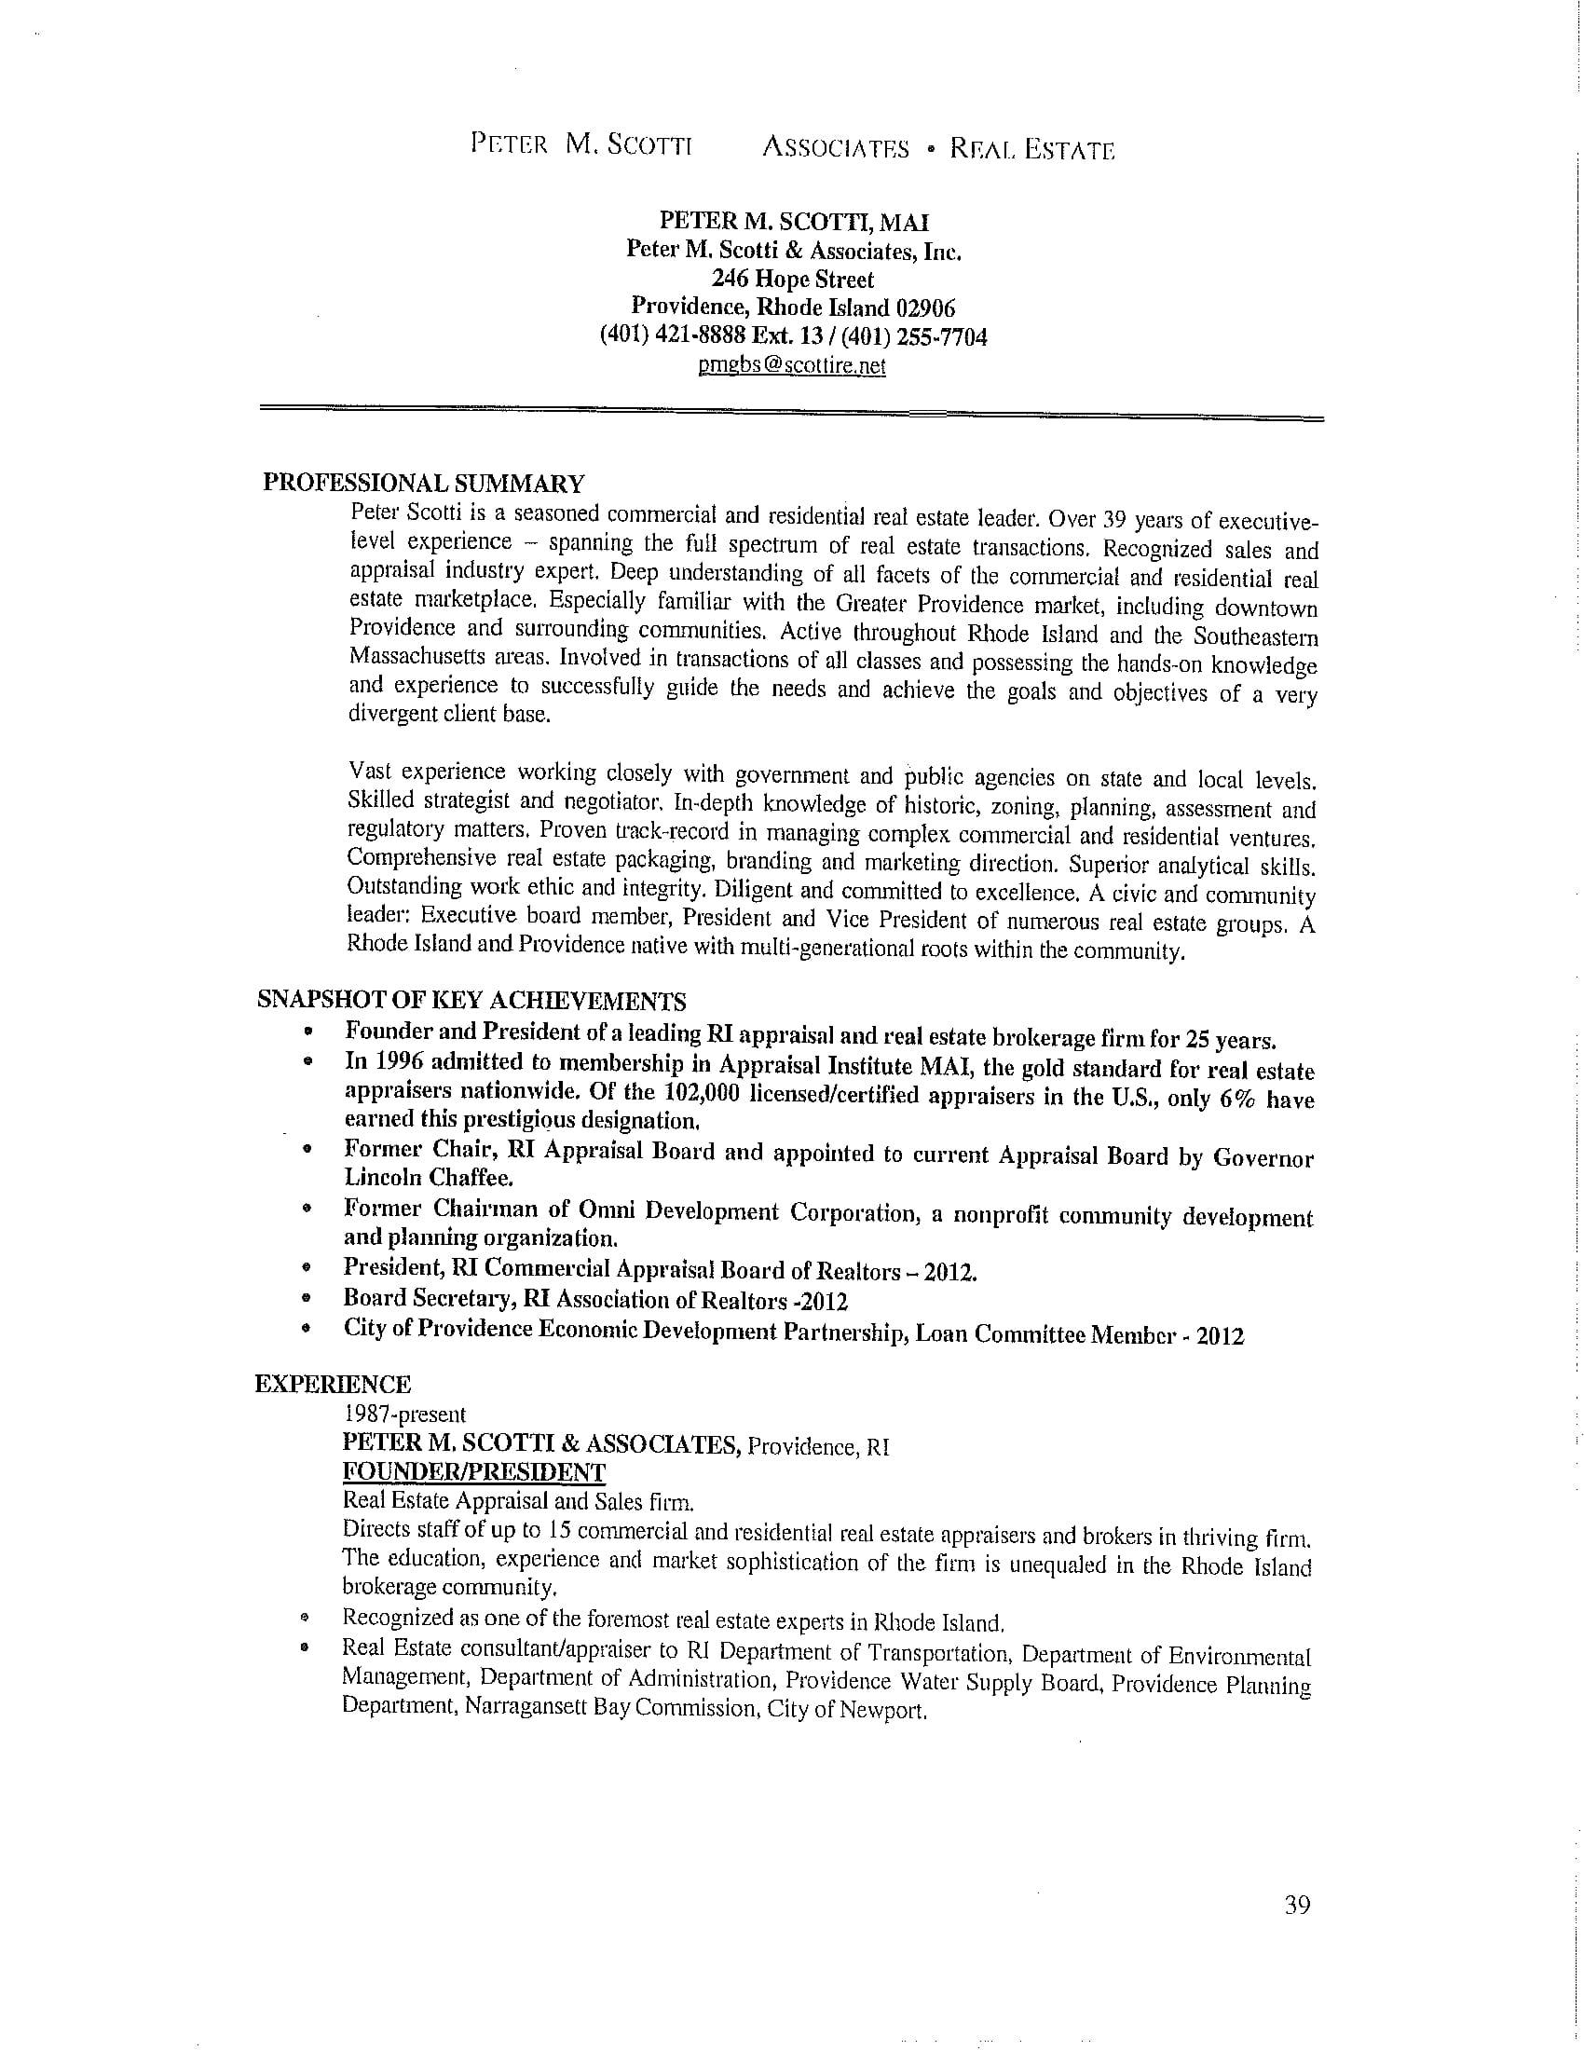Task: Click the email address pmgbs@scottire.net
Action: pyautogui.click(x=792, y=366)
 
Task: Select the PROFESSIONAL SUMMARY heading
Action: pyautogui.click(x=423, y=484)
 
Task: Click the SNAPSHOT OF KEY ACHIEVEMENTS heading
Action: pyautogui.click(x=471, y=1000)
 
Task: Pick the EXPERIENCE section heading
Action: pyautogui.click(x=334, y=1385)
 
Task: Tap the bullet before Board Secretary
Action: pyautogui.click(x=306, y=1300)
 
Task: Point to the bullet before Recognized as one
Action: pyautogui.click(x=304, y=1619)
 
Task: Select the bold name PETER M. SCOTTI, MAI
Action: pyautogui.click(x=794, y=222)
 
